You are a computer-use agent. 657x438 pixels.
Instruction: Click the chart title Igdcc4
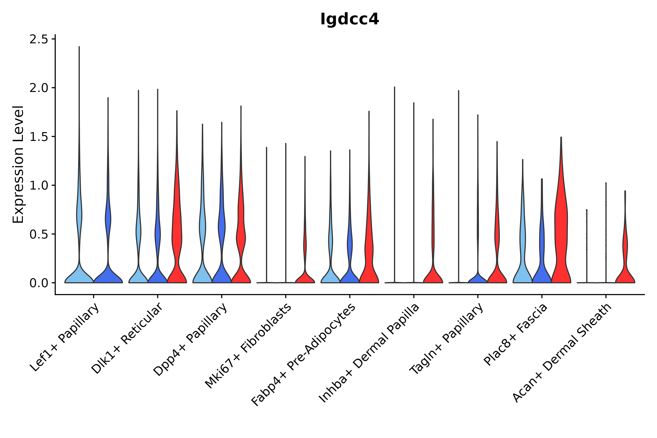[x=349, y=19]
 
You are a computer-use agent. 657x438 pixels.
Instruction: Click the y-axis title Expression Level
[x=18, y=164]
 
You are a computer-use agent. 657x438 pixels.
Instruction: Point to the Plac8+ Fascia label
[x=516, y=334]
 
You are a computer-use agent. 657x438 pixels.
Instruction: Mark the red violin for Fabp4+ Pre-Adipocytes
[x=369, y=251]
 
